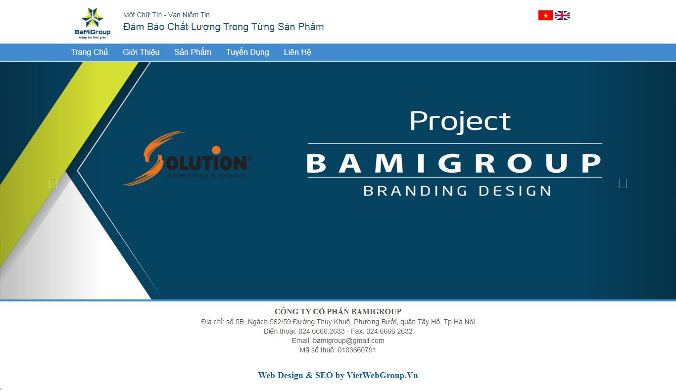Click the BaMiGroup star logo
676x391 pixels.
pyautogui.click(x=92, y=23)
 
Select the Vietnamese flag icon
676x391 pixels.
pyautogui.click(x=545, y=15)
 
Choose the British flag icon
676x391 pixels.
pyautogui.click(x=562, y=15)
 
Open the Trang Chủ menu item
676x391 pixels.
pyautogui.click(x=89, y=52)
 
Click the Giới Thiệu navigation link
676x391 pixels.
pyautogui.click(x=141, y=52)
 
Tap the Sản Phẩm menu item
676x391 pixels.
pyautogui.click(x=193, y=52)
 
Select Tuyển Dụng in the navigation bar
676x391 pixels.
pyautogui.click(x=247, y=52)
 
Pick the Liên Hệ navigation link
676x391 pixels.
pyautogui.click(x=297, y=52)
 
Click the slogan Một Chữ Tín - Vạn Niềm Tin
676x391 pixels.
pyautogui.click(x=166, y=15)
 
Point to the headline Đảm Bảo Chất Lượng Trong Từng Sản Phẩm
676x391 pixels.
pyautogui.click(x=223, y=27)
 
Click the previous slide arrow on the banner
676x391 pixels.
pyautogui.click(x=53, y=183)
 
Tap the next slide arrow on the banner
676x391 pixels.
pyautogui.click(x=623, y=183)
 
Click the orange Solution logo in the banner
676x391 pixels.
pyautogui.click(x=187, y=159)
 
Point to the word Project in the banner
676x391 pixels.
pyautogui.click(x=460, y=121)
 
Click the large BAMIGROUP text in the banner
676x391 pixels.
pyautogui.click(x=454, y=163)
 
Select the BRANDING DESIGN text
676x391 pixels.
pyautogui.click(x=457, y=191)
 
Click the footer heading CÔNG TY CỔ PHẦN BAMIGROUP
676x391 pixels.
pyautogui.click(x=338, y=311)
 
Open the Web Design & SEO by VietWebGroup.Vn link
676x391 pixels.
pyautogui.click(x=338, y=375)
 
